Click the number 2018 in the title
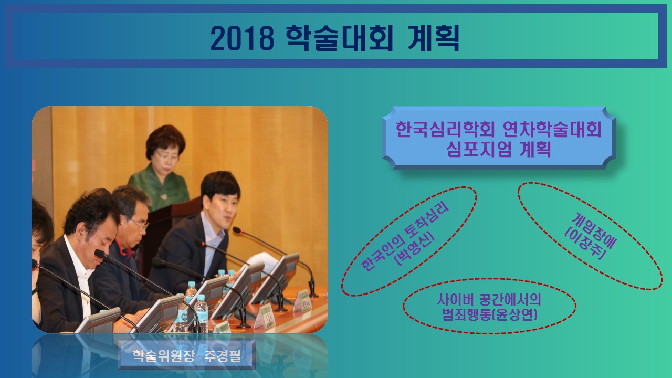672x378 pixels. click(242, 38)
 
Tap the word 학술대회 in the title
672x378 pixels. click(339, 38)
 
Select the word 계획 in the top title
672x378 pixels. click(434, 38)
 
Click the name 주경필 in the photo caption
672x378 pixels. click(223, 356)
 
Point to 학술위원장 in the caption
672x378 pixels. click(163, 356)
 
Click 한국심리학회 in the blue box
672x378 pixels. click(445, 129)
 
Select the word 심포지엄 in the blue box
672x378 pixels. click(479, 149)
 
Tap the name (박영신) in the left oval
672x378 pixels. click(415, 249)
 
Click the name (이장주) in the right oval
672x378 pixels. click(585, 243)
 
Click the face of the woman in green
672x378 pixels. click(166, 159)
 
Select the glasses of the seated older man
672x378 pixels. click(140, 224)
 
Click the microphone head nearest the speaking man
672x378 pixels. click(237, 230)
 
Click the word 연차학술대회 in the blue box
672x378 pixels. click(552, 129)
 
